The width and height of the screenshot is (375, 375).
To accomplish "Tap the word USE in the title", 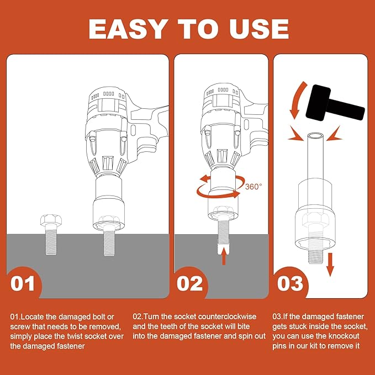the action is (259, 29).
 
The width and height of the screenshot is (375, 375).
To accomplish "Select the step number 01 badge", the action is (22, 283).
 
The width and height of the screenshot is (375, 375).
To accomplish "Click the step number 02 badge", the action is (189, 283).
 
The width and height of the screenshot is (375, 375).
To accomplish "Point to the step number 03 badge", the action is (290, 283).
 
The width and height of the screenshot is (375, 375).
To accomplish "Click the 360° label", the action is (253, 186).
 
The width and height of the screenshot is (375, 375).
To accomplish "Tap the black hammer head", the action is (318, 102).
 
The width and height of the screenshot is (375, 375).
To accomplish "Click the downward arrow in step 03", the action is (330, 265).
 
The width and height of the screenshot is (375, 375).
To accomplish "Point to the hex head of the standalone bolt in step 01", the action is (51, 220).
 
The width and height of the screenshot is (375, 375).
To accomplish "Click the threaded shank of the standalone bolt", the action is (51, 240).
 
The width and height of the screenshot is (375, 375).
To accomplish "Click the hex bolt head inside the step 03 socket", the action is (315, 220).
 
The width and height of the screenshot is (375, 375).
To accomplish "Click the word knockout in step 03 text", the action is (344, 336).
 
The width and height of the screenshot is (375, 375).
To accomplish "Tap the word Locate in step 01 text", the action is (32, 317).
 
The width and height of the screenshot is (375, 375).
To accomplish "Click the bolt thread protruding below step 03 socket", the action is (315, 256).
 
